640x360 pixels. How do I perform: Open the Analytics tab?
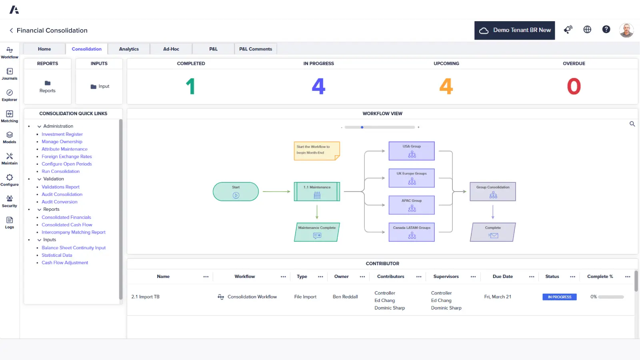pyautogui.click(x=129, y=49)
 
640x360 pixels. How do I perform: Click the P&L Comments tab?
pyautogui.click(x=256, y=49)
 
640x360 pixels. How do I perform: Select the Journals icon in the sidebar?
pyautogui.click(x=10, y=74)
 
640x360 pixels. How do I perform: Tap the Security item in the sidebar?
pyautogui.click(x=10, y=201)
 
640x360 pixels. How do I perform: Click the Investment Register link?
pyautogui.click(x=62, y=134)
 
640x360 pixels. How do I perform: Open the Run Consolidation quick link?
pyautogui.click(x=60, y=171)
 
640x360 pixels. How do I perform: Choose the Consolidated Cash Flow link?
pyautogui.click(x=67, y=224)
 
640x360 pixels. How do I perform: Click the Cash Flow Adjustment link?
pyautogui.click(x=65, y=262)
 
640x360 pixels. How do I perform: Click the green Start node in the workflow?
pyautogui.click(x=236, y=192)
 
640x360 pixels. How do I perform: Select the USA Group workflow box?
pyautogui.click(x=412, y=151)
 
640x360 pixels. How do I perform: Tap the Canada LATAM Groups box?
pyautogui.click(x=412, y=232)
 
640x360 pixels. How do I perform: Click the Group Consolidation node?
pyautogui.click(x=493, y=192)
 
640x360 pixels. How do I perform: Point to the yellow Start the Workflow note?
pyautogui.click(x=317, y=150)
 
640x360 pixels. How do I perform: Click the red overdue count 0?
pyautogui.click(x=574, y=86)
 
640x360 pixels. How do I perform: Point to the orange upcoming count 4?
pyautogui.click(x=446, y=86)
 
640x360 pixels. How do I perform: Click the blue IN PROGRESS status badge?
pyautogui.click(x=560, y=297)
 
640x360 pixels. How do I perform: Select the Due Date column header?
pyautogui.click(x=502, y=276)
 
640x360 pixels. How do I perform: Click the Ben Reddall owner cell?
pyautogui.click(x=345, y=296)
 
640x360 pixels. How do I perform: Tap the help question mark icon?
pyautogui.click(x=606, y=30)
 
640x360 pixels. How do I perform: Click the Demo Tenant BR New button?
pyautogui.click(x=514, y=30)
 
